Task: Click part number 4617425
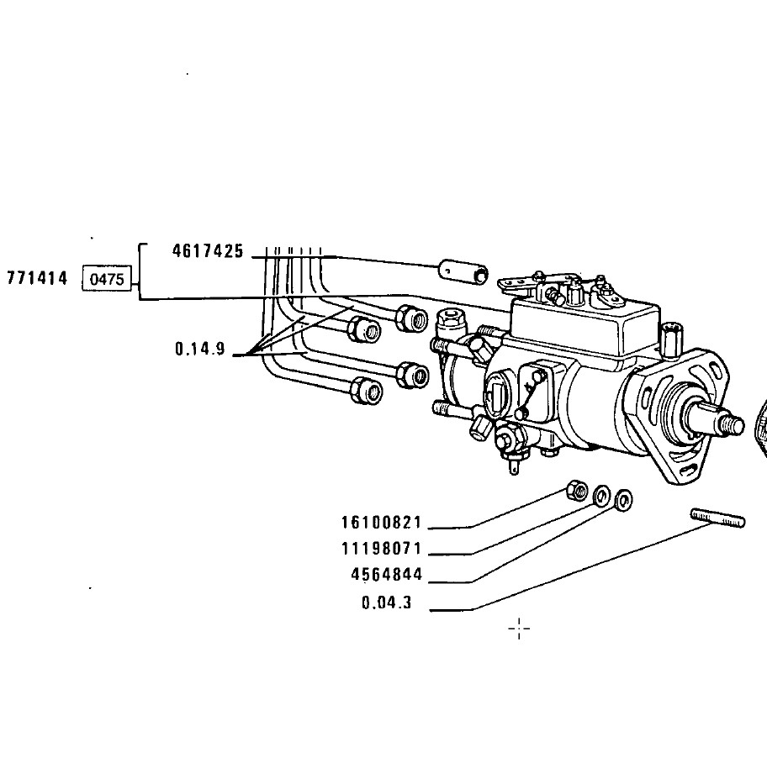(208, 251)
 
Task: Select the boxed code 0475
(107, 279)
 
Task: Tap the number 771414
(37, 278)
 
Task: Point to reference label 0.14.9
(200, 349)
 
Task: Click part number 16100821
(381, 522)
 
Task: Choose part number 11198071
(381, 549)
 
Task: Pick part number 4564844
(386, 575)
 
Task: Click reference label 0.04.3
(386, 602)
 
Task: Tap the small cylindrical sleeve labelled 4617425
(463, 271)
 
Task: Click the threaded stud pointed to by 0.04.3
(717, 518)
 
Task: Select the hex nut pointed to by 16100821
(577, 490)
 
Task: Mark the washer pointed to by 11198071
(601, 496)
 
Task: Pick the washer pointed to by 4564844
(623, 500)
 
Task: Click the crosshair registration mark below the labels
(519, 629)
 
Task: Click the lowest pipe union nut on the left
(366, 391)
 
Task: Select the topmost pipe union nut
(412, 318)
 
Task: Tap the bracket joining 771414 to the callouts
(140, 271)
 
